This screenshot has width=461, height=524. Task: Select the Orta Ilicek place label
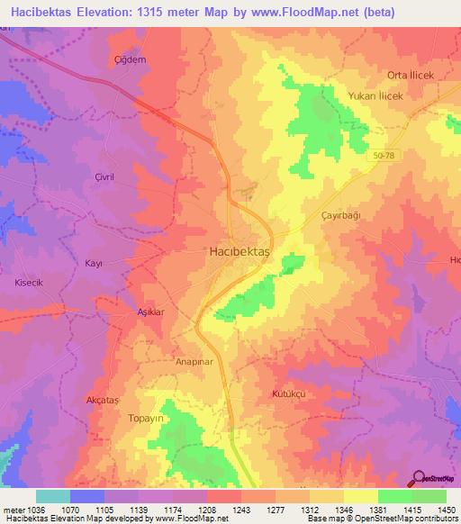click(411, 75)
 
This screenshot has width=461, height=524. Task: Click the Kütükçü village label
click(292, 394)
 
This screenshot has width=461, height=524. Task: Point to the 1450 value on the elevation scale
click(448, 510)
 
